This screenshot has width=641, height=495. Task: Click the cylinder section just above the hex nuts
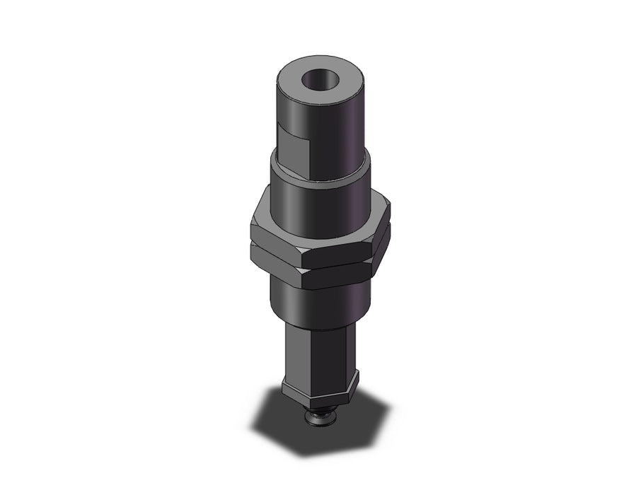point(322,205)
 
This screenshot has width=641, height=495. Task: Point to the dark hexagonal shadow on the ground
point(283,424)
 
